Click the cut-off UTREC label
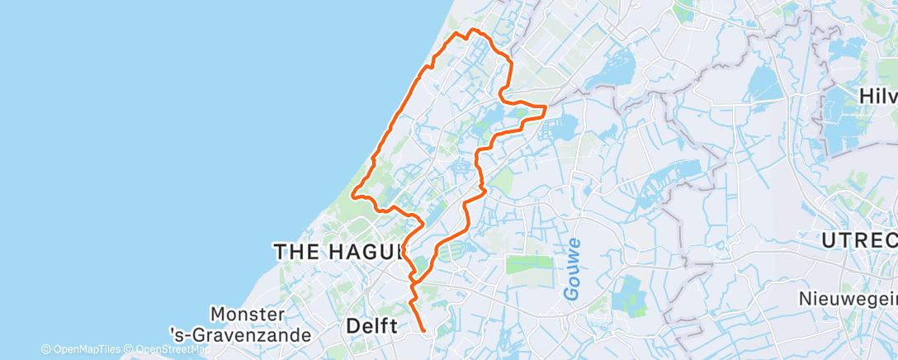(x=859, y=241)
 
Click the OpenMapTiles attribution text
(x=86, y=349)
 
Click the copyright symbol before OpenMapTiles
(x=45, y=349)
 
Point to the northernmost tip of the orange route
(x=472, y=30)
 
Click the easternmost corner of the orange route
(x=546, y=107)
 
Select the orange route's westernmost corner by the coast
(x=352, y=196)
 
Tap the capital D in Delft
(x=352, y=326)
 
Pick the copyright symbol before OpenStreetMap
(x=130, y=349)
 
